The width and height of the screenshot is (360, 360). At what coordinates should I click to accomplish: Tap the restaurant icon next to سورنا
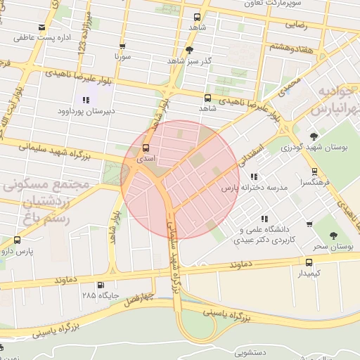[123, 45]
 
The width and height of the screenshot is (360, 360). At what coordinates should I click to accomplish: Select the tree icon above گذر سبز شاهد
[189, 50]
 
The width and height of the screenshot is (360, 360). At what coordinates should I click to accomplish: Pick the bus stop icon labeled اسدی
[146, 148]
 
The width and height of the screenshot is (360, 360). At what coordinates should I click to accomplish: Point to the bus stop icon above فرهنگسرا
[314, 171]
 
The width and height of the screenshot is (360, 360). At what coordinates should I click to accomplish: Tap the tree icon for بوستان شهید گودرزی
[314, 136]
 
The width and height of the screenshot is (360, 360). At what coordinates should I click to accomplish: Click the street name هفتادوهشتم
[290, 46]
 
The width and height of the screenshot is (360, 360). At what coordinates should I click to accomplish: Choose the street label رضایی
[295, 24]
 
